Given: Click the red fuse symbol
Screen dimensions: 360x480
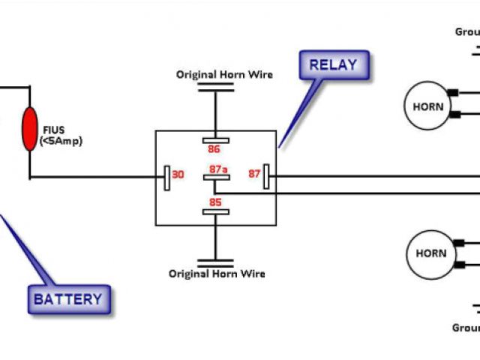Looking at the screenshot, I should [x=30, y=128].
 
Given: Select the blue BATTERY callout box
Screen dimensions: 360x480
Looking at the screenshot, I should [x=67, y=299].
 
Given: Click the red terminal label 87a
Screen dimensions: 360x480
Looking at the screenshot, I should [x=218, y=169].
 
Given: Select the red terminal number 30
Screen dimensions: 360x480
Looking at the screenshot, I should [x=178, y=174].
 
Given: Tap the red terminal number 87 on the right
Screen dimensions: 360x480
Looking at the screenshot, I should [x=253, y=174].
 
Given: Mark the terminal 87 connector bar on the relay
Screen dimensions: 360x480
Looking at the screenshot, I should [x=265, y=179].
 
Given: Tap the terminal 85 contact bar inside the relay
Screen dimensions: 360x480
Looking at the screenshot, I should [x=215, y=212].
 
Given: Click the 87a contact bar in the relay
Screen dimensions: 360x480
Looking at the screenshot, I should [x=215, y=178].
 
